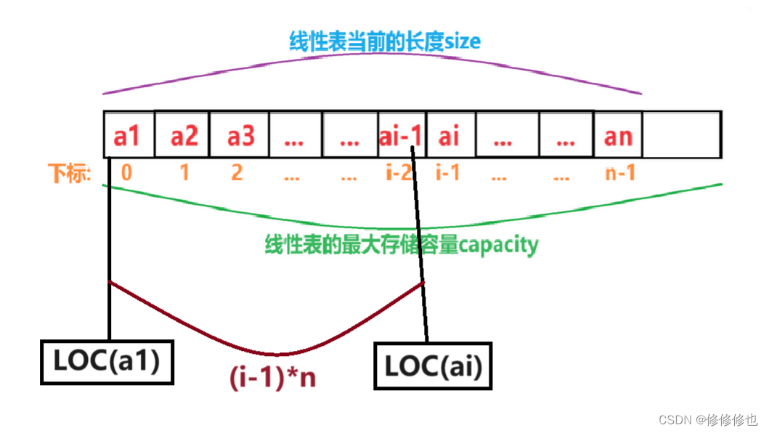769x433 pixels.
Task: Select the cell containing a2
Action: [x=182, y=135]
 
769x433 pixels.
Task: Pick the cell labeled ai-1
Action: [x=401, y=135]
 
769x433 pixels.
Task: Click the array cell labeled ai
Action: [x=449, y=135]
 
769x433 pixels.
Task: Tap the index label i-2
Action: [x=399, y=174]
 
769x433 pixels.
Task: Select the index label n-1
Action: [x=620, y=174]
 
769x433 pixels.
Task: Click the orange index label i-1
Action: [x=447, y=174]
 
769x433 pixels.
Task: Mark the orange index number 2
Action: [x=237, y=174]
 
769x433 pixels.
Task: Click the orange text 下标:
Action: [x=70, y=174]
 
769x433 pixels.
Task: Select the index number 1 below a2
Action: [x=184, y=174]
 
